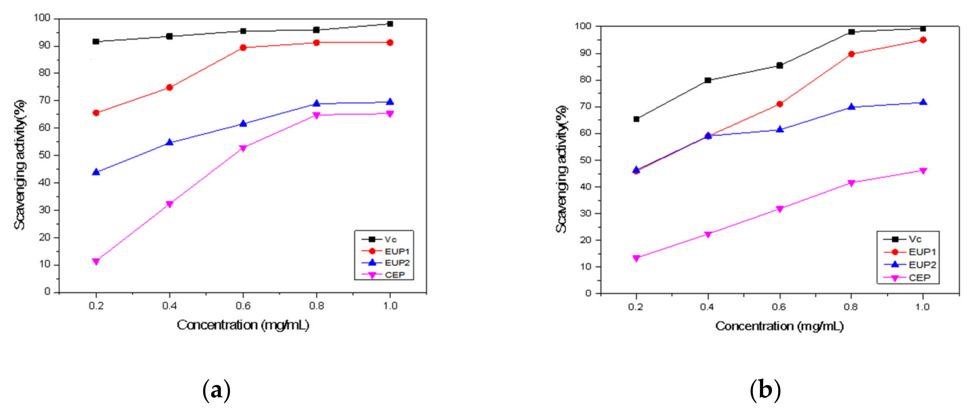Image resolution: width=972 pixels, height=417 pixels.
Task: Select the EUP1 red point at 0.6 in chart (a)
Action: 243,48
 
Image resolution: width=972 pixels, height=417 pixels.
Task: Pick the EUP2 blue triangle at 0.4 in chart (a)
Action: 169,142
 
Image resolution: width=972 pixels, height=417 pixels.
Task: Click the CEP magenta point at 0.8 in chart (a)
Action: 317,115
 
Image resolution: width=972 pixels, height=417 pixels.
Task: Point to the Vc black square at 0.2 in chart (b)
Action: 636,119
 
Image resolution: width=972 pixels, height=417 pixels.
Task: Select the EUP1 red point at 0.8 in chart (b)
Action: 851,54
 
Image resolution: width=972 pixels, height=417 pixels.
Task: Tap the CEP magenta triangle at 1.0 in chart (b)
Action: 923,171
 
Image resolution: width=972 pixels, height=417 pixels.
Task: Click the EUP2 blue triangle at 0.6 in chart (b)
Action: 780,130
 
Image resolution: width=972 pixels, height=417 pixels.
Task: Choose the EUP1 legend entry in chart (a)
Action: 396,251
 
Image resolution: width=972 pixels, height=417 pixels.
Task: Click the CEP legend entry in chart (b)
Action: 919,278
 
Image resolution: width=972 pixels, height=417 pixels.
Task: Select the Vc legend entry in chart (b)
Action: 915,239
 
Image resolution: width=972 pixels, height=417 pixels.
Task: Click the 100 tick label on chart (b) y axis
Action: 583,26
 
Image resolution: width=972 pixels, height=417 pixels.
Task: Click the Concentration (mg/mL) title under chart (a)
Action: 243,325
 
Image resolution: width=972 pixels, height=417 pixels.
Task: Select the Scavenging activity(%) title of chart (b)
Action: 561,169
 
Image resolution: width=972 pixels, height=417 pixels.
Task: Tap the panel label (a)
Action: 216,391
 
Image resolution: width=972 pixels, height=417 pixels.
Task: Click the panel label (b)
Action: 765,391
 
